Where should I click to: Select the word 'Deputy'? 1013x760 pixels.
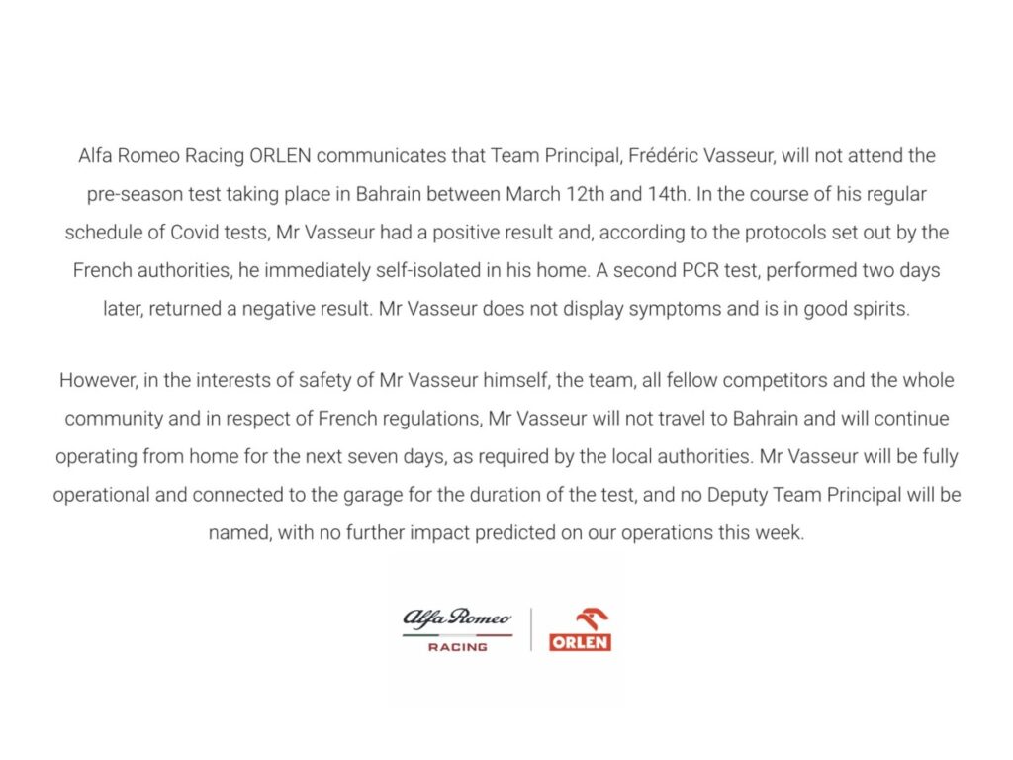[765, 495]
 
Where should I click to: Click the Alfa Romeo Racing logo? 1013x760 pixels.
[457, 629]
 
